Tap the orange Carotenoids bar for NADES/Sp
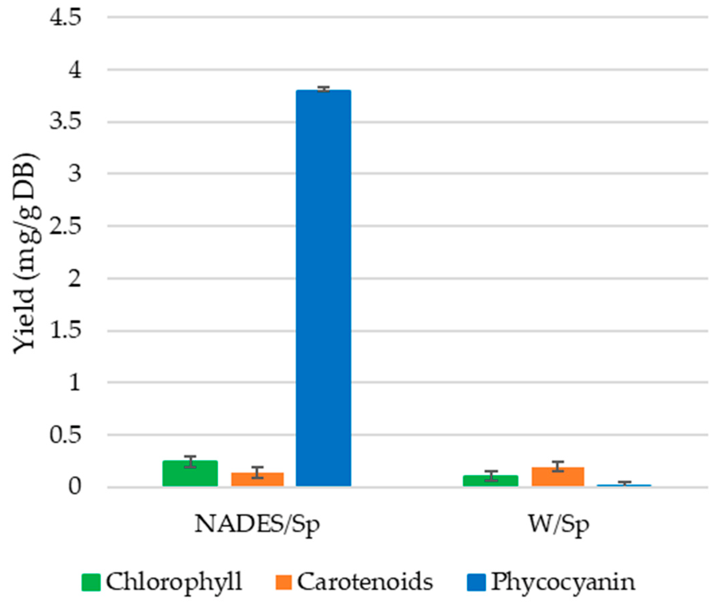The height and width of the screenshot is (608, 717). coord(257,479)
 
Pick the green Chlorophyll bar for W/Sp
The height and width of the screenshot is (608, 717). coord(490,481)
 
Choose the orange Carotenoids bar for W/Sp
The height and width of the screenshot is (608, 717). coord(557,477)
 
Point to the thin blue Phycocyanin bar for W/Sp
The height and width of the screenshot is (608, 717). coord(624,485)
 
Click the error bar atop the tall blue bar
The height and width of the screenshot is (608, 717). coord(324,89)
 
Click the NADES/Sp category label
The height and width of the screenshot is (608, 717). coord(257,524)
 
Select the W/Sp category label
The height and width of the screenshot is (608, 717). coord(558,524)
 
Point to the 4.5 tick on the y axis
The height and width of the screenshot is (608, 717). coord(65,17)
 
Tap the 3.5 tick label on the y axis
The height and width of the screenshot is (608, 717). coord(65,122)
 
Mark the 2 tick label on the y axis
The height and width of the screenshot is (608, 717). coord(74,279)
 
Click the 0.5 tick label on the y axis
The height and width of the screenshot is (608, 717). coord(65,435)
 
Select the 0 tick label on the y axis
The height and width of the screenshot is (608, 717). coord(74,487)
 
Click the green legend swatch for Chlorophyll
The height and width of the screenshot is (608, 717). coord(91,582)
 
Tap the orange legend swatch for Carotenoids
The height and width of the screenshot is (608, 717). coord(283,582)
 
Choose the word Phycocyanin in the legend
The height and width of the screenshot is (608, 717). coord(563,583)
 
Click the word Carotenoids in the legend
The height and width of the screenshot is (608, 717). coord(365,582)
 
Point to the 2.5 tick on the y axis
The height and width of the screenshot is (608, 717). coord(65,226)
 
